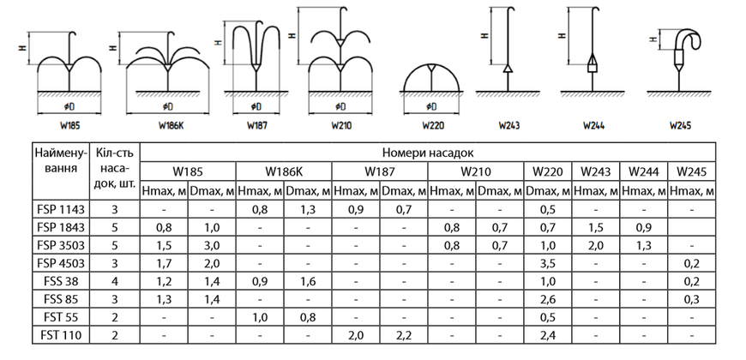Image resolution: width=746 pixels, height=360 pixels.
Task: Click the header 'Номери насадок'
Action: point(428,153)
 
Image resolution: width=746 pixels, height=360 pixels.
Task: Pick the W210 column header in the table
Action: point(475,171)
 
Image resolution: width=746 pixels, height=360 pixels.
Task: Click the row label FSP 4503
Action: point(61,263)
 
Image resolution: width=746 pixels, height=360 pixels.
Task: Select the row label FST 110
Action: point(61,336)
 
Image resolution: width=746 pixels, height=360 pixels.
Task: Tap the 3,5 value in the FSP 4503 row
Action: point(548,263)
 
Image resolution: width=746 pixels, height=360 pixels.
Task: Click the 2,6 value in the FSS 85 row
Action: point(548,300)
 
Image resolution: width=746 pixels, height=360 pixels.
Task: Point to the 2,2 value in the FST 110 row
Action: point(404,336)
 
